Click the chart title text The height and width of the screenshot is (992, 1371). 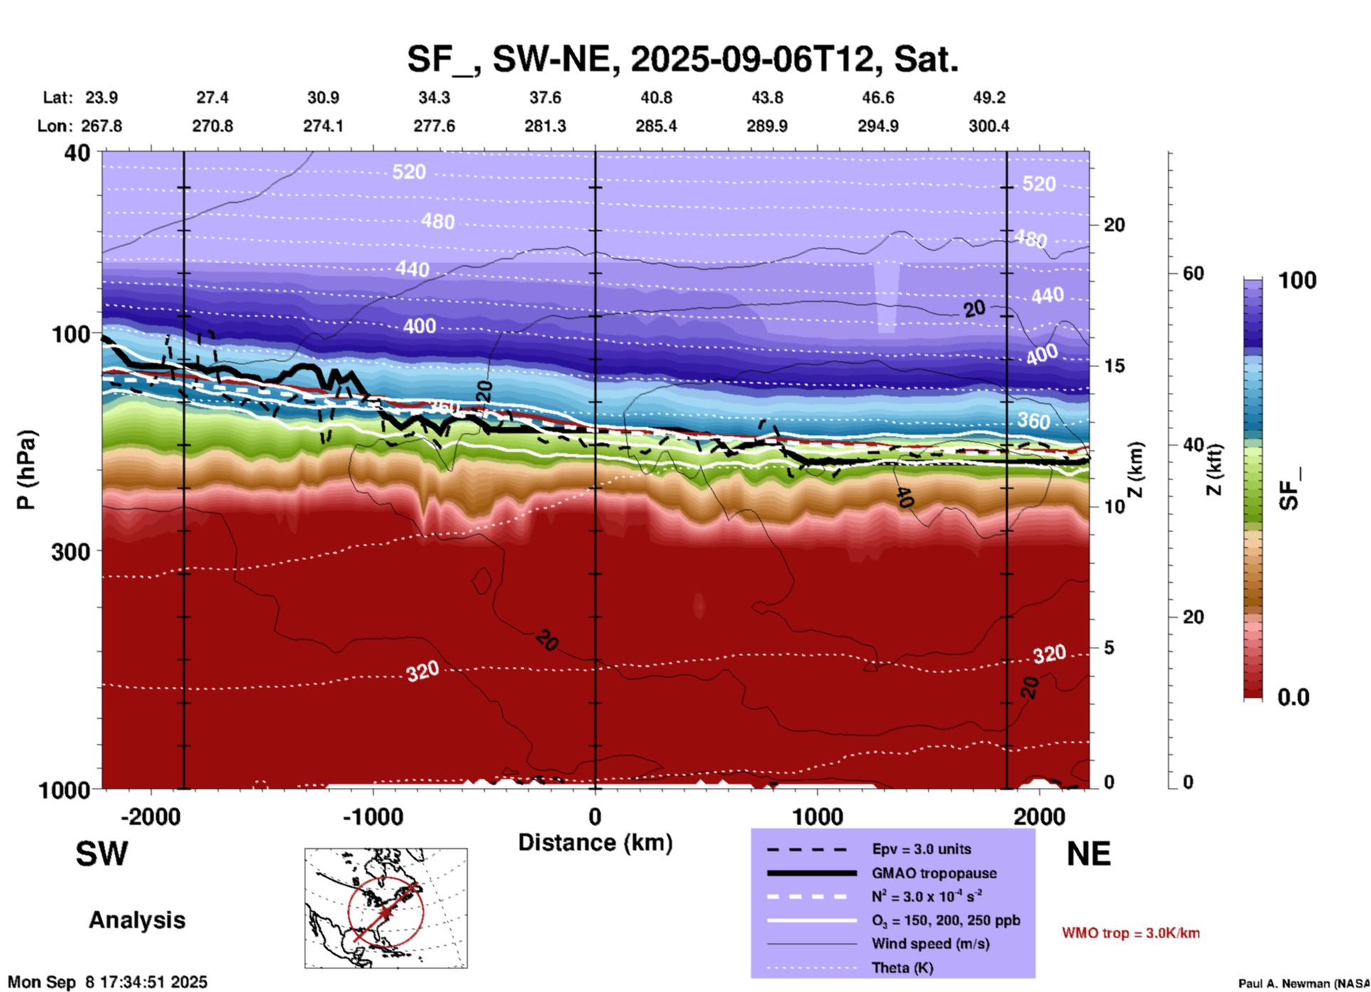click(683, 59)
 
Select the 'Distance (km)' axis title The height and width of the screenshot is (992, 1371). click(595, 843)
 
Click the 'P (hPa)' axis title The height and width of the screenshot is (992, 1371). click(26, 470)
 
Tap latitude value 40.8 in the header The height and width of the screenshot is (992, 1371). click(656, 97)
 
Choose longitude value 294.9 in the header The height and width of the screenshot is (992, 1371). click(878, 126)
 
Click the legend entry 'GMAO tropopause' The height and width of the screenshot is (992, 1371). click(934, 873)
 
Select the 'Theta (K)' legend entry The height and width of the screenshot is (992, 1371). click(902, 968)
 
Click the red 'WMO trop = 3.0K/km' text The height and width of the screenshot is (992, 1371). click(1130, 933)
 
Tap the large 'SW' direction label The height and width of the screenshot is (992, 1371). click(102, 854)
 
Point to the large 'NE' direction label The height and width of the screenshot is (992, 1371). click(1088, 854)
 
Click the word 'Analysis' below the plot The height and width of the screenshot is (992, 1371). click(137, 920)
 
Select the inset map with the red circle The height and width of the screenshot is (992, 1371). click(386, 908)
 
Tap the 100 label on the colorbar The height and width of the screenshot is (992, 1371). click(1297, 280)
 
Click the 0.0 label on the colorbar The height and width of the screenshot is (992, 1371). click(1293, 697)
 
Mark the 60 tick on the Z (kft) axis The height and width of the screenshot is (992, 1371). click(1192, 273)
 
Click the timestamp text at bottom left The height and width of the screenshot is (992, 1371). click(107, 982)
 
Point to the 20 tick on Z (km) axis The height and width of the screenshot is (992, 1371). click(1113, 225)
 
